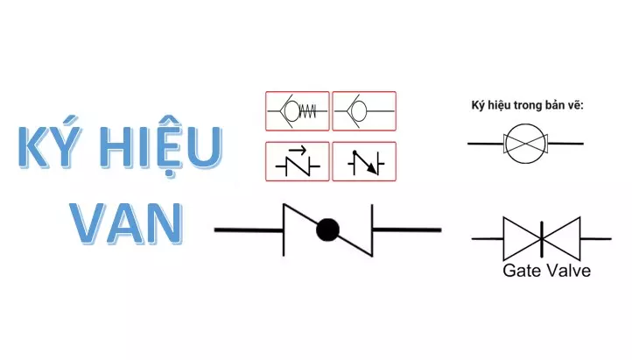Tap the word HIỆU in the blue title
(x=161, y=147)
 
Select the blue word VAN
(x=127, y=223)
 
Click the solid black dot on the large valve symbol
(x=327, y=229)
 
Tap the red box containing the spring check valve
(x=298, y=111)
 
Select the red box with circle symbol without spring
(x=364, y=111)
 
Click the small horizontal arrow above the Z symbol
(x=298, y=151)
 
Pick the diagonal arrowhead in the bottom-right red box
(x=374, y=170)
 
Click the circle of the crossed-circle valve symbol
(x=525, y=143)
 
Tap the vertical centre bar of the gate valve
(x=542, y=238)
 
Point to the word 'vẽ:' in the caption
(x=576, y=105)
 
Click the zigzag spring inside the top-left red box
(x=308, y=111)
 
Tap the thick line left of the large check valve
(x=249, y=230)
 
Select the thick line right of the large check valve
(x=407, y=230)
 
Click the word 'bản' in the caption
(x=555, y=105)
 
